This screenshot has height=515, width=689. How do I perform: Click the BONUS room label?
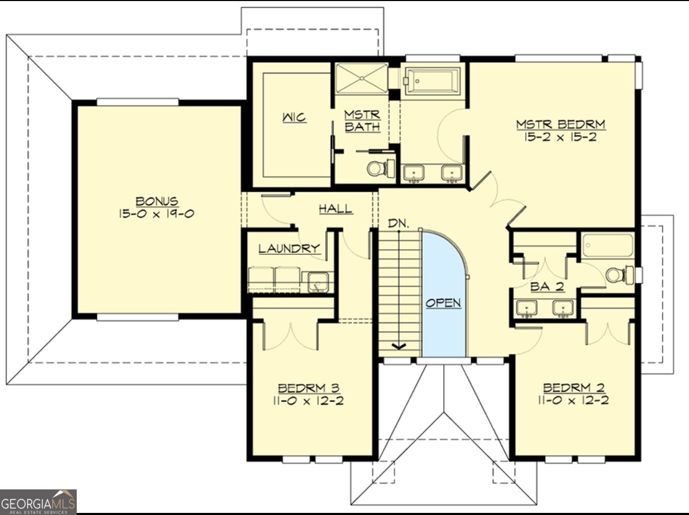pyautogui.click(x=157, y=201)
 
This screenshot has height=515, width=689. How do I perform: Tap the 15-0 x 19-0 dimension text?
pyautogui.click(x=157, y=214)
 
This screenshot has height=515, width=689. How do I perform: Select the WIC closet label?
pyautogui.click(x=294, y=118)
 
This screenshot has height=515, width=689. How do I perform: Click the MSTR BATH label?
pyautogui.click(x=362, y=121)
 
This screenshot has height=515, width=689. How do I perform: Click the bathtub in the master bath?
pyautogui.click(x=433, y=81)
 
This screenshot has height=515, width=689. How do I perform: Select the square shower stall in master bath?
pyautogui.click(x=361, y=78)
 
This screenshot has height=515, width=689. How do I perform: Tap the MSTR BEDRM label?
pyautogui.click(x=561, y=124)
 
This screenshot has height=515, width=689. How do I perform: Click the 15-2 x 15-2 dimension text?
pyautogui.click(x=561, y=137)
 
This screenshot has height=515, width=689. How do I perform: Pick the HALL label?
pyautogui.click(x=336, y=209)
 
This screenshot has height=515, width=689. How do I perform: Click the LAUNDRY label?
pyautogui.click(x=289, y=249)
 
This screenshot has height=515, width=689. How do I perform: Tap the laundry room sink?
pyautogui.click(x=317, y=282)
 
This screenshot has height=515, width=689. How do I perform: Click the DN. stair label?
pyautogui.click(x=398, y=224)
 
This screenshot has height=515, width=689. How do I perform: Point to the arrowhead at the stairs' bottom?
pyautogui.click(x=399, y=346)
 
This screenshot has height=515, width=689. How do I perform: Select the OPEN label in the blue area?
pyautogui.click(x=443, y=303)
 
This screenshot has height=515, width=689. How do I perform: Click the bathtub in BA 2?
pyautogui.click(x=608, y=245)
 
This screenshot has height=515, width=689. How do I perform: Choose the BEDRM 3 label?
pyautogui.click(x=308, y=388)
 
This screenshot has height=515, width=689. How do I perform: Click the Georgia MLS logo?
pyautogui.click(x=38, y=502)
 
